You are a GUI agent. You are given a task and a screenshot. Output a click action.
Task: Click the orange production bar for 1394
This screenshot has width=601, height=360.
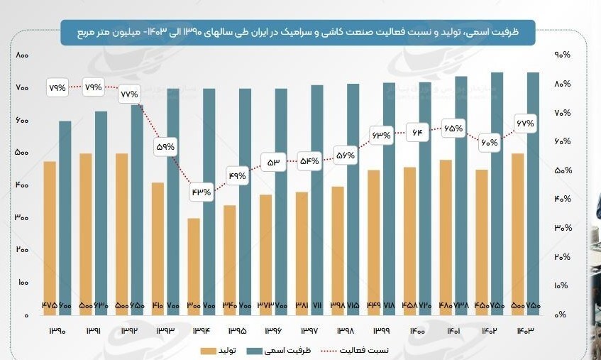coord(194,266)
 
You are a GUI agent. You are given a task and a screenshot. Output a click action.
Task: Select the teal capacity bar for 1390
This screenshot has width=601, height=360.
coord(65,213)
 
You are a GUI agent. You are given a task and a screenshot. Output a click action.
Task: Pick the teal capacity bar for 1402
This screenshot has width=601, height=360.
coord(497,192)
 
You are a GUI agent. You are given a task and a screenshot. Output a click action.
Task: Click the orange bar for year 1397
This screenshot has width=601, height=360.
coord(302,252)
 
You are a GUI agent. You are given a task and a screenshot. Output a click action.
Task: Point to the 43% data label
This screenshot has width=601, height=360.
coord(201,192)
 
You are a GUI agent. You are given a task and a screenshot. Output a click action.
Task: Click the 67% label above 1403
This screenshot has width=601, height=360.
coord(524,124)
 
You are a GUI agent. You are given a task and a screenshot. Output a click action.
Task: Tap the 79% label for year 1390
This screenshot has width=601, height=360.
coord(57,88)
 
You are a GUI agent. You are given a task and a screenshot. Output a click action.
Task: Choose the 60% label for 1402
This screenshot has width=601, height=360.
coord(489,142)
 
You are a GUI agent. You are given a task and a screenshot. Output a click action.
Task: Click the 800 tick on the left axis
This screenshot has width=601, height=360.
coord(21,55)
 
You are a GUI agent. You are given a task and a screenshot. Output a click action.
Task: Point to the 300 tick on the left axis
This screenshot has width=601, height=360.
coord(21,218)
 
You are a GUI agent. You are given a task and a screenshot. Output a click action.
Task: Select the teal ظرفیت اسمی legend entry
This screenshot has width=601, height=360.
coord(281,351)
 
